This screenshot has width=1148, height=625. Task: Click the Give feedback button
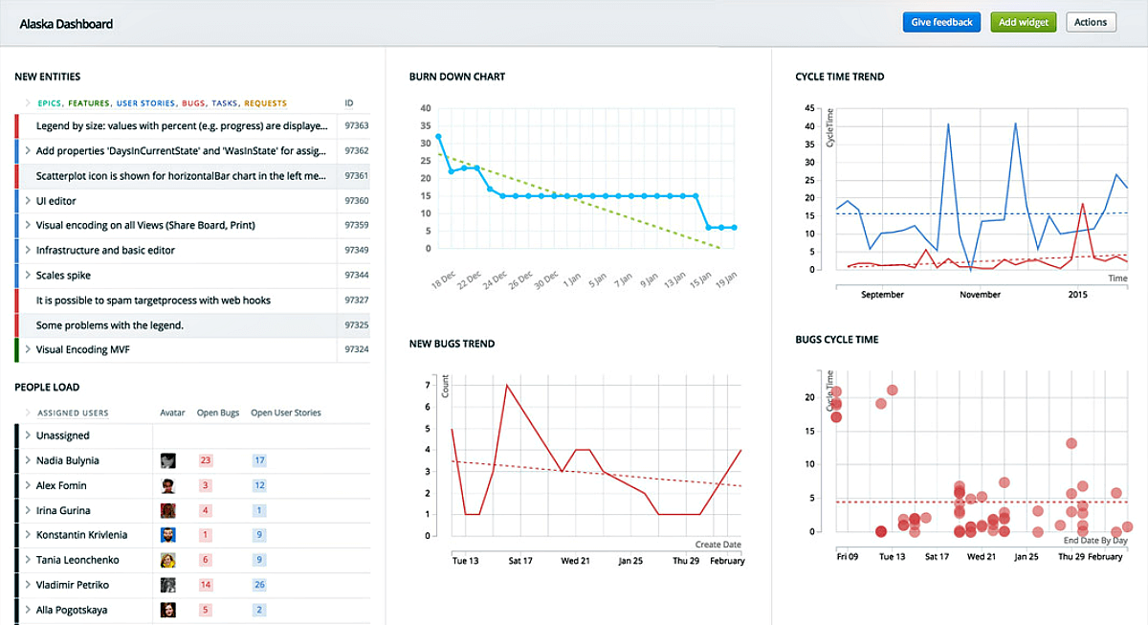(x=941, y=22)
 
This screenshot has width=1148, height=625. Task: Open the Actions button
(x=1091, y=22)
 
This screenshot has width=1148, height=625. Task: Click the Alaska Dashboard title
(x=66, y=23)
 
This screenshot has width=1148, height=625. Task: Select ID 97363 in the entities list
(x=356, y=125)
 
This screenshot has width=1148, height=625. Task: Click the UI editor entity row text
(x=56, y=201)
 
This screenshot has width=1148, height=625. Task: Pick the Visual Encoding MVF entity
(x=83, y=350)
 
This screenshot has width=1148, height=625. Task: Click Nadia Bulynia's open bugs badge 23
(x=205, y=460)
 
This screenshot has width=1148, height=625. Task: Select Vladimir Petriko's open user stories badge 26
(x=259, y=585)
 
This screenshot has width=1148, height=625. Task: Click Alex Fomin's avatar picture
(x=168, y=485)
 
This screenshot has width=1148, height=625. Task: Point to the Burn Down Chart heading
(x=457, y=77)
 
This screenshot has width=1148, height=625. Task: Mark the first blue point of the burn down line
(x=439, y=137)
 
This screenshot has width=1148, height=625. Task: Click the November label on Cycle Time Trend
(x=980, y=295)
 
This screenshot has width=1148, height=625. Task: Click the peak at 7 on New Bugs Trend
(x=506, y=385)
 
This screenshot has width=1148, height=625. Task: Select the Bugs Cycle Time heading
(x=836, y=340)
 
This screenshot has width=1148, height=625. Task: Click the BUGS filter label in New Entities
(x=193, y=103)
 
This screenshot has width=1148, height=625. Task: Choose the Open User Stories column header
(x=285, y=413)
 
